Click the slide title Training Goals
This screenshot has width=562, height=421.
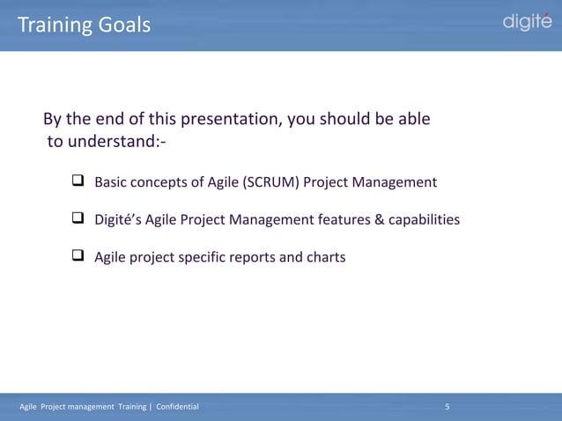tap(85, 26)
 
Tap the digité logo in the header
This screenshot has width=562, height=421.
tap(527, 22)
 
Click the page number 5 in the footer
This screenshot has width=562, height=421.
tap(447, 406)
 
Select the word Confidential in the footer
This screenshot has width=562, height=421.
tap(177, 406)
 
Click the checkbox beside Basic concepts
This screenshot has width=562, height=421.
tap(77, 182)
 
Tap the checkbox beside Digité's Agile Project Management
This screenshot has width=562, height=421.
tap(77, 219)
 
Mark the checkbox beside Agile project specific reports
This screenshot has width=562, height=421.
tap(77, 257)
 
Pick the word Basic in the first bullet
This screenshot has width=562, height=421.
tap(111, 183)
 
